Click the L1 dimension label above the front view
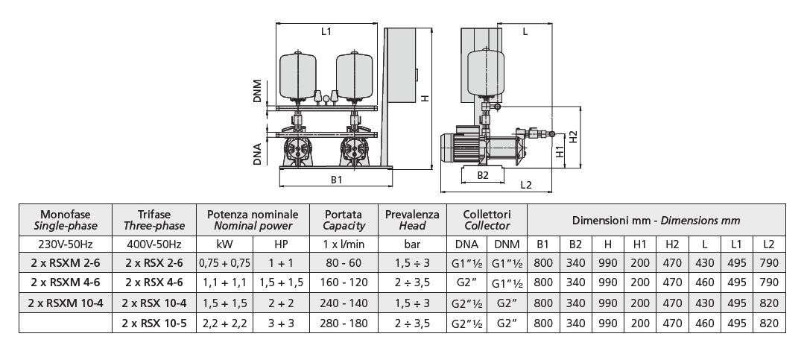[x=326, y=31]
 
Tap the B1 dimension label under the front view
[x=336, y=180]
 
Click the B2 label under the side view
[x=483, y=175]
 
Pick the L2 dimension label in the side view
[x=526, y=184]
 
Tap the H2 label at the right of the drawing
[x=572, y=138]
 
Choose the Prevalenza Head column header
[x=412, y=219]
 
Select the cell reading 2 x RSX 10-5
[x=155, y=323]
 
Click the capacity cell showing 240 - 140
[x=344, y=303]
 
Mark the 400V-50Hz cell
[x=155, y=244]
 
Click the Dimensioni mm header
[x=656, y=220]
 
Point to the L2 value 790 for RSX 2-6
[x=770, y=262]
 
